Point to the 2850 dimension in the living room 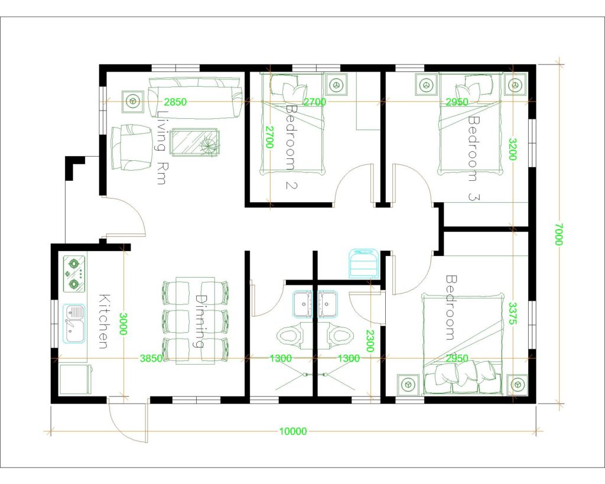tap(175, 102)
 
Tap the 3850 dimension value tap(150, 358)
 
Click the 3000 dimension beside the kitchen tap(123, 324)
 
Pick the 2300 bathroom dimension tap(369, 342)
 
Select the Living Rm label tap(160, 148)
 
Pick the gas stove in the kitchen tap(74, 274)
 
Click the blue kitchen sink tap(74, 323)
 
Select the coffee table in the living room tap(194, 143)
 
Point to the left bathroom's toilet tap(290, 336)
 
